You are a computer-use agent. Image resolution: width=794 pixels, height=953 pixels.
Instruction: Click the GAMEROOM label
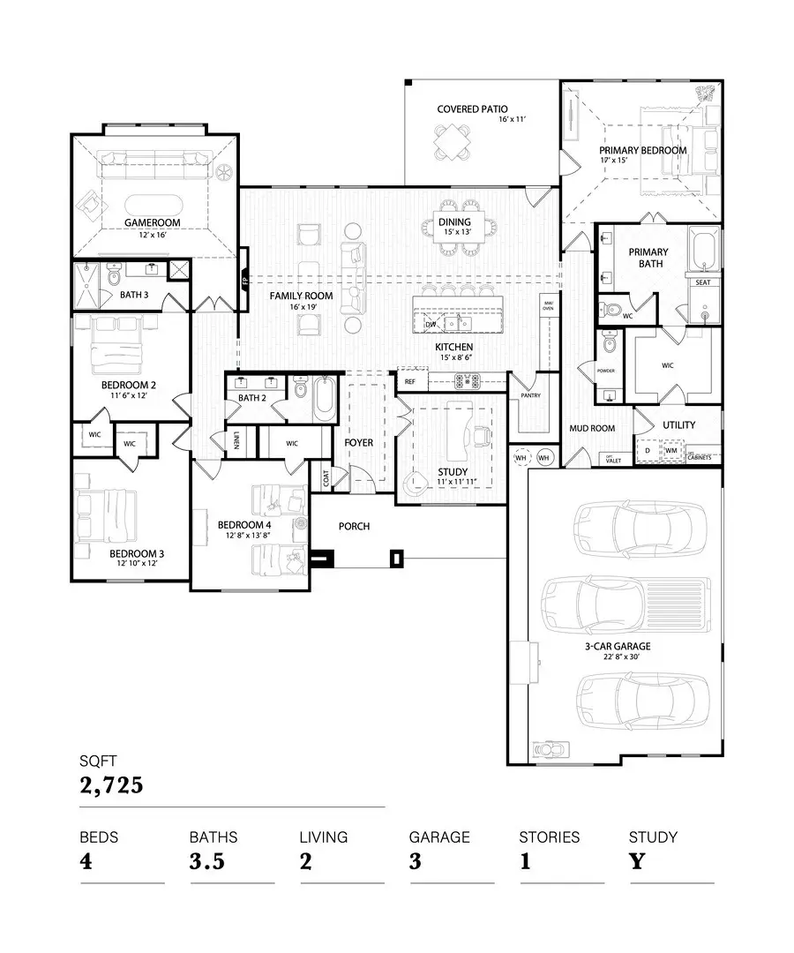152,223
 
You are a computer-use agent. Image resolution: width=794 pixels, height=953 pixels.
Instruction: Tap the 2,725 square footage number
111,785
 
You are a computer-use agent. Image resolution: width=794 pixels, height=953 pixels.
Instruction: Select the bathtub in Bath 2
324,398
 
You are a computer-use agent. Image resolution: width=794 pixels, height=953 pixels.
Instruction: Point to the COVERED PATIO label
472,109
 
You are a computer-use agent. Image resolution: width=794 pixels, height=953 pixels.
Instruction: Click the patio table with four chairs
452,141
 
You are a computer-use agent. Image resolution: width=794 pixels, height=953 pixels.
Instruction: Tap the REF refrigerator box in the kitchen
409,382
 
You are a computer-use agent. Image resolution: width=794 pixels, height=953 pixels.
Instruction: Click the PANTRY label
530,395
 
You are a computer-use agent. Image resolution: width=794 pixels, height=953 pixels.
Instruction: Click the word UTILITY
678,425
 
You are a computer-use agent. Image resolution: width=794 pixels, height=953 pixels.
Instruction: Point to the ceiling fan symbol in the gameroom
225,172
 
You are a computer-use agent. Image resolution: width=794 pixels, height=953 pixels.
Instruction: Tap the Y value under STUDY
637,861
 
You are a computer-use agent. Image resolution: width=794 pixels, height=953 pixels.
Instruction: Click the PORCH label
354,526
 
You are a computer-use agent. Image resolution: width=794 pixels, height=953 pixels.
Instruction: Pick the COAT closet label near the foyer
326,477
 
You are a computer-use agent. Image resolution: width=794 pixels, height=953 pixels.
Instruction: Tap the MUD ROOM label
591,429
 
